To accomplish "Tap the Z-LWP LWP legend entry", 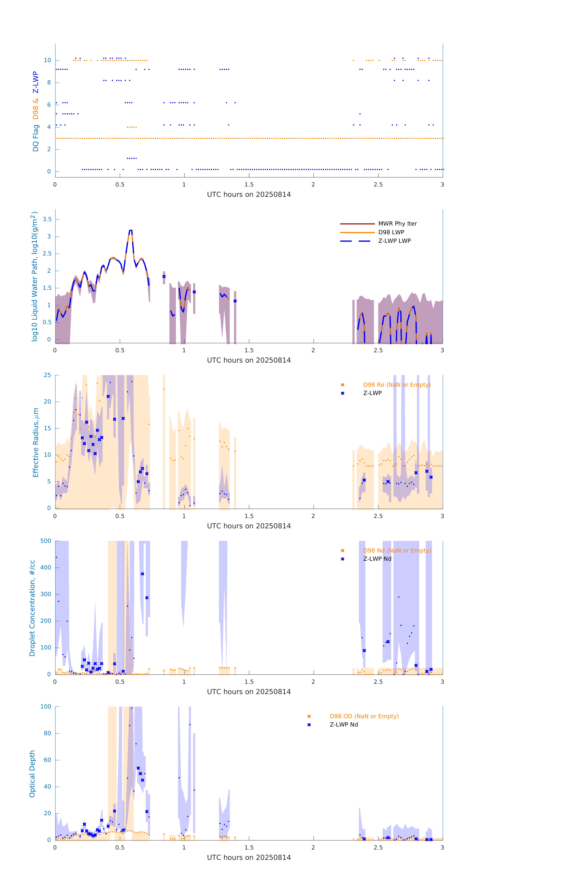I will (394, 241).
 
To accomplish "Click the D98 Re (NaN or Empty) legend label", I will (397, 385).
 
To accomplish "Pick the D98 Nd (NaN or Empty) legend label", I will (397, 551).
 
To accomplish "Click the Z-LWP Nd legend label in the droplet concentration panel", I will (377, 559).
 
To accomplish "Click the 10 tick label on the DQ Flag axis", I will (47, 60).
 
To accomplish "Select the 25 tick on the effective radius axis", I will (47, 375).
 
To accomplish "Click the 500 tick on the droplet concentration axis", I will (46, 541).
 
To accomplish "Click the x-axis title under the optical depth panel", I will (249, 858).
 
